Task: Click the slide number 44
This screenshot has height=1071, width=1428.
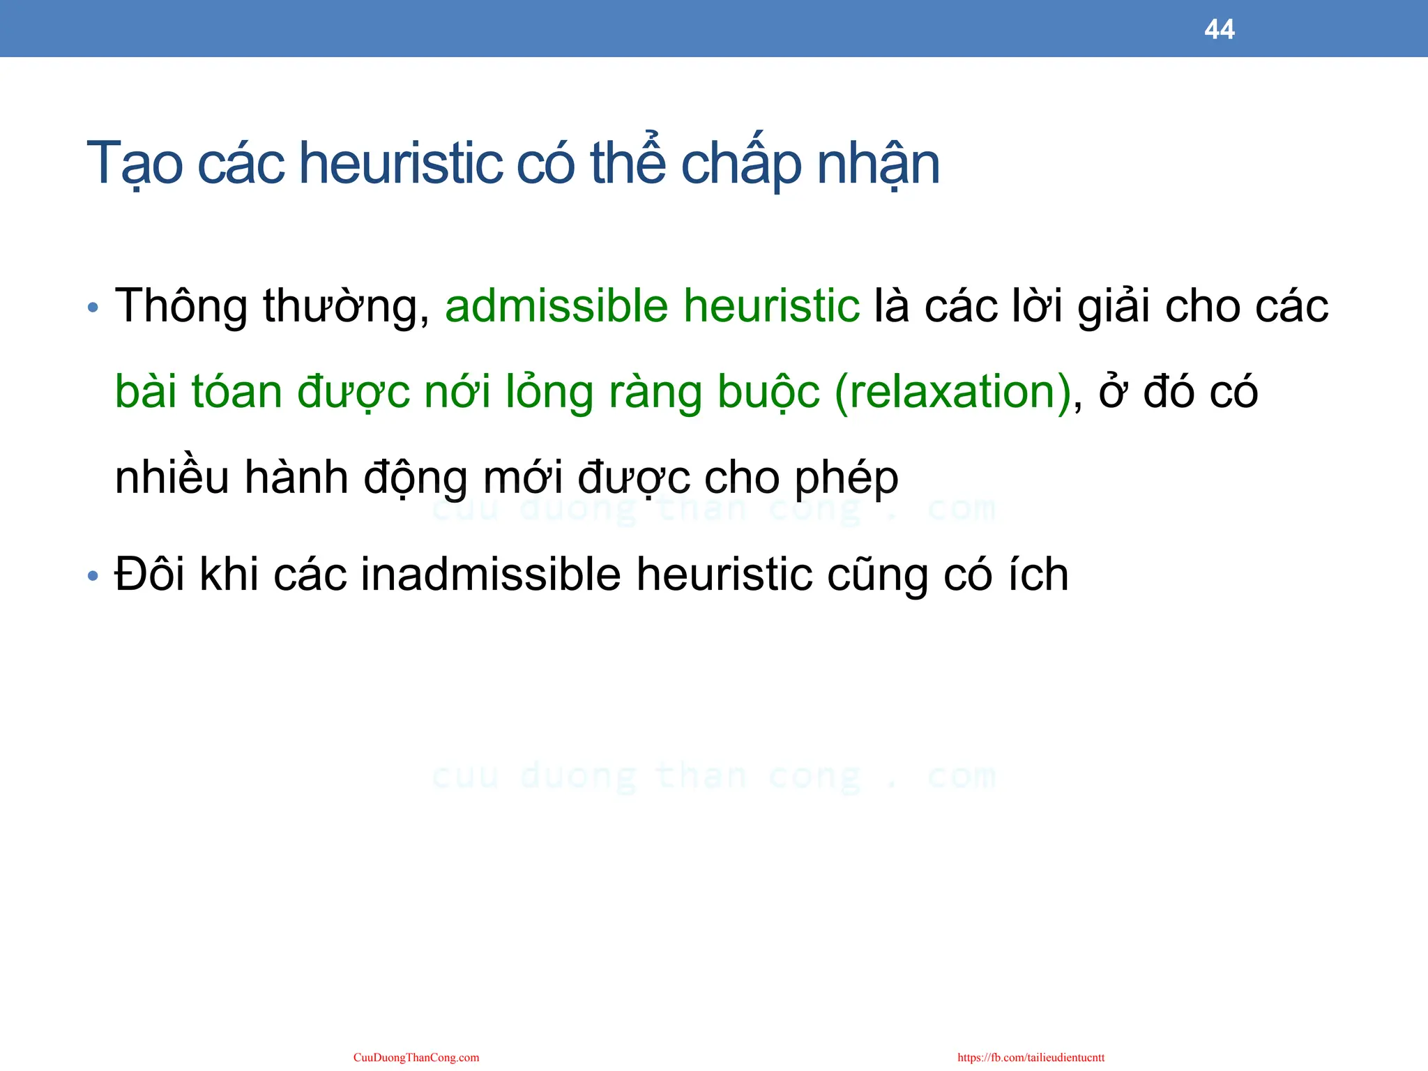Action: pyautogui.click(x=1219, y=29)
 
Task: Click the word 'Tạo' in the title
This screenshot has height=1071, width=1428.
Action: pyautogui.click(x=135, y=164)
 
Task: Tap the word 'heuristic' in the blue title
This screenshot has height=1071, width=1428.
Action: pyautogui.click(x=401, y=164)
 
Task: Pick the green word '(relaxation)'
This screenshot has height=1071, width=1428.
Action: pyautogui.click(x=952, y=392)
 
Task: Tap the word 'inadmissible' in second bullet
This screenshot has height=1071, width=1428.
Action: pyautogui.click(x=490, y=575)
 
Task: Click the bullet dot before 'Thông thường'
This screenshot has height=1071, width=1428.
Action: pyautogui.click(x=93, y=307)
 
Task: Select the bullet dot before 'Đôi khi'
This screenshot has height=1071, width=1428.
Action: pyautogui.click(x=93, y=577)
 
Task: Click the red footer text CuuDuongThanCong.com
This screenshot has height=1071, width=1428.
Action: pyautogui.click(x=416, y=1058)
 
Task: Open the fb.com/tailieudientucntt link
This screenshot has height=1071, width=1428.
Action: pyautogui.click(x=1031, y=1058)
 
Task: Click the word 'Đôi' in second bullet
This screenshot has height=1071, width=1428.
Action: pyautogui.click(x=150, y=575)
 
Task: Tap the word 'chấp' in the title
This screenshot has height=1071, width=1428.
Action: pyautogui.click(x=740, y=164)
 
